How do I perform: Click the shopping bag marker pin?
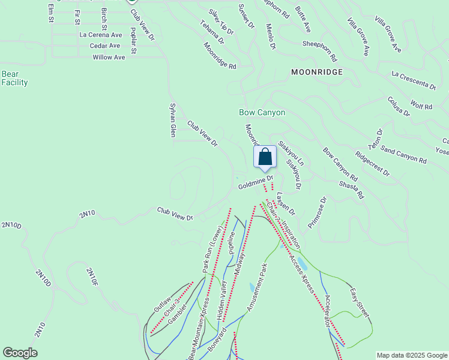point(265,157)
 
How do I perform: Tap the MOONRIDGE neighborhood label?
point(316,72)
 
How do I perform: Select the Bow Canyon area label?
point(262,112)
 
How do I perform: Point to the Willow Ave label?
point(109,57)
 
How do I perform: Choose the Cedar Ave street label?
point(105,46)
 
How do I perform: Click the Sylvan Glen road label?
point(172,119)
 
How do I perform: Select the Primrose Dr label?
point(316,212)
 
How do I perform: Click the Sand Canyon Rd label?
point(403,156)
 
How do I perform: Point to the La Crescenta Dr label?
point(413,82)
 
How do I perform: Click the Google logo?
point(20,353)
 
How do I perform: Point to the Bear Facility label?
point(14,78)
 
